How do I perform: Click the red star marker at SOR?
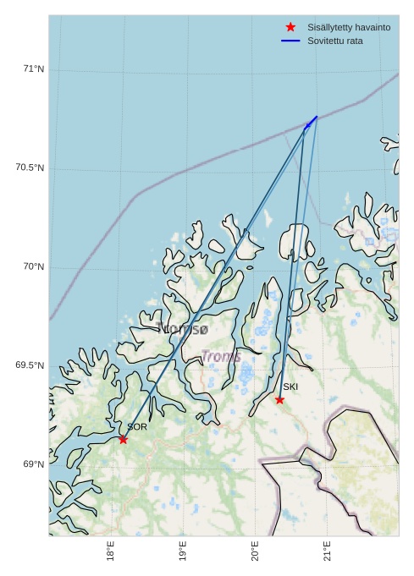pos(123,439)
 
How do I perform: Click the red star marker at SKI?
pos(279,399)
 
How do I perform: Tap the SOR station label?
pos(136,427)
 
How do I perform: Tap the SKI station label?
pos(290,387)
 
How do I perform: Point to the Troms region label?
pos(221,356)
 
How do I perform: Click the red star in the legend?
pos(290,27)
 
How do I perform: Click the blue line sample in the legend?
pos(290,41)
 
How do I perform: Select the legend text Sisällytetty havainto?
pos(349,27)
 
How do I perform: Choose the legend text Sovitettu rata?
pos(335,41)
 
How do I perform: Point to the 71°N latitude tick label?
pos(33,69)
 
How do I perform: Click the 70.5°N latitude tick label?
pos(30,167)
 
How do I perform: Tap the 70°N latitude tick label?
pos(33,266)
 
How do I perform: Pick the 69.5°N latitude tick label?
pos(30,365)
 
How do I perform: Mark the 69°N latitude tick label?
pos(33,464)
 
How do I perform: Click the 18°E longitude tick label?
pos(111,553)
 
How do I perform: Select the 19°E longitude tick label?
pos(184,553)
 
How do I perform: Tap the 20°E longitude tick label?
pos(256,553)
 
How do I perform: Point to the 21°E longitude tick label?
pos(328,553)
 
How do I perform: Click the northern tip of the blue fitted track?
pos(317,117)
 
